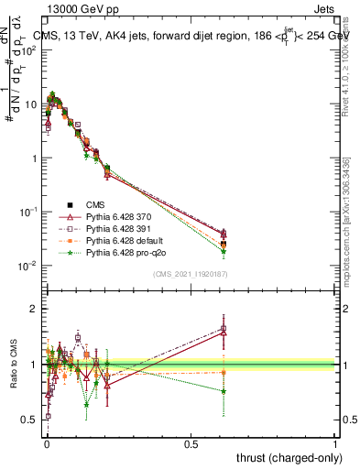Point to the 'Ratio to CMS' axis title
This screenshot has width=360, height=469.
tap(16, 366)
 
